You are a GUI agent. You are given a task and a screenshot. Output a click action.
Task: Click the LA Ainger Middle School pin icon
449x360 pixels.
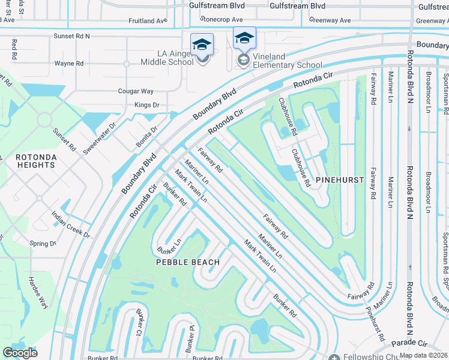(x=202, y=44)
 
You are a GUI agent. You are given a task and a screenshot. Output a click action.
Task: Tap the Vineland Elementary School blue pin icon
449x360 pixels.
(x=244, y=38)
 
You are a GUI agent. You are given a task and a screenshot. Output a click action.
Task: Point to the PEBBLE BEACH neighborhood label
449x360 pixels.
(x=187, y=262)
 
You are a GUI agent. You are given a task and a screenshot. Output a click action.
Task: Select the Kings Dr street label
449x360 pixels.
(x=146, y=105)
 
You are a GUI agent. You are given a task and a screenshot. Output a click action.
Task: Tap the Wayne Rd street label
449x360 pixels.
(x=68, y=63)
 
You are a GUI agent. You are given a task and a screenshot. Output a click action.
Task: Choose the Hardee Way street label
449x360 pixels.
(x=39, y=292)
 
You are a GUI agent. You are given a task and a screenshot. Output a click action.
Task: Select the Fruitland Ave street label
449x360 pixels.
(x=147, y=20)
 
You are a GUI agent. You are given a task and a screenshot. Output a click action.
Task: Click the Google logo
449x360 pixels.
(x=20, y=353)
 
